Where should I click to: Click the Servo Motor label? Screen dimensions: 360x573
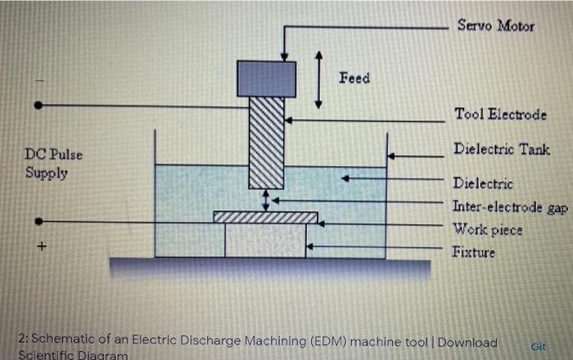[495, 26]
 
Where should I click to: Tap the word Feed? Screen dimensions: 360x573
[354, 78]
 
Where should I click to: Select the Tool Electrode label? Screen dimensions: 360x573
[500, 115]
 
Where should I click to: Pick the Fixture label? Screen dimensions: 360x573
[474, 252]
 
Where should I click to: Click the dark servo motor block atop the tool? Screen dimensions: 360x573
[266, 79]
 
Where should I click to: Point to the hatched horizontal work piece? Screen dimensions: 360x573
[265, 217]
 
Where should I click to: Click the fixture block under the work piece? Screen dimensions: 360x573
[265, 240]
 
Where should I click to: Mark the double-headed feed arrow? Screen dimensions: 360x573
[319, 79]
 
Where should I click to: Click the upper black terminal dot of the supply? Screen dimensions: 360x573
[38, 106]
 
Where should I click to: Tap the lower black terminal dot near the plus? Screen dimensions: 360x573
[38, 221]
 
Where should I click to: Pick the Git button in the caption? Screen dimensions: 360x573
[539, 346]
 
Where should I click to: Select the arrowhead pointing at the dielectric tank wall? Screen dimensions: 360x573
[391, 155]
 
